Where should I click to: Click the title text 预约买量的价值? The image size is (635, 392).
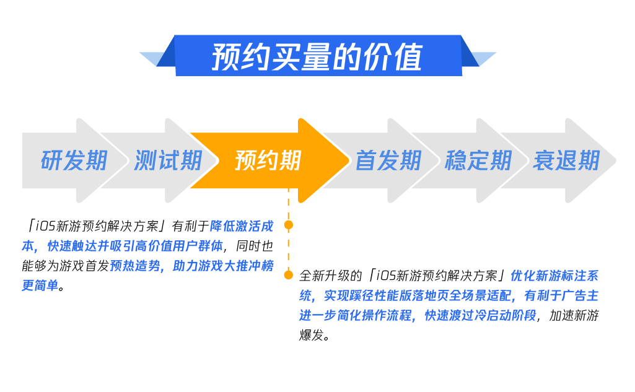pyautogui.click(x=317, y=56)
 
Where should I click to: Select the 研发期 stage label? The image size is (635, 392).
pyautogui.click(x=74, y=160)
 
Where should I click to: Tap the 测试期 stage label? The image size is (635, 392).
pyautogui.click(x=168, y=160)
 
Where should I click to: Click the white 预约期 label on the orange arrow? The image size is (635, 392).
pyautogui.click(x=268, y=160)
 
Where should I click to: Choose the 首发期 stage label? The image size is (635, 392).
pyautogui.click(x=389, y=160)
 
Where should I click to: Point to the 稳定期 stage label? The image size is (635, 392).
pyautogui.click(x=478, y=160)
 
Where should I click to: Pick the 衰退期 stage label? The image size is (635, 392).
pyautogui.click(x=566, y=160)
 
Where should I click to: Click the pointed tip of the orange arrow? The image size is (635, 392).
pyautogui.click(x=349, y=160)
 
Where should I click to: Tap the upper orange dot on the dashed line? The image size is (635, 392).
pyautogui.click(x=289, y=225)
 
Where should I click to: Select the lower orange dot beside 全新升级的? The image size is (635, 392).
pyautogui.click(x=289, y=275)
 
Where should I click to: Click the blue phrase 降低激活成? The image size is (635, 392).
pyautogui.click(x=242, y=226)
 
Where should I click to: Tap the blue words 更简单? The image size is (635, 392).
pyautogui.click(x=40, y=285)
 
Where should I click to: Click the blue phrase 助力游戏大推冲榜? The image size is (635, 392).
pyautogui.click(x=223, y=266)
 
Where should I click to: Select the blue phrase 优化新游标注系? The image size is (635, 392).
pyautogui.click(x=554, y=276)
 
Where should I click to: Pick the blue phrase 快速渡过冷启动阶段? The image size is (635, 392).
pyautogui.click(x=480, y=315)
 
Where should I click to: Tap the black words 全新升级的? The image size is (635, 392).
pyautogui.click(x=330, y=276)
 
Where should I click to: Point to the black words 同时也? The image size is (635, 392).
pyautogui.click(x=255, y=246)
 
